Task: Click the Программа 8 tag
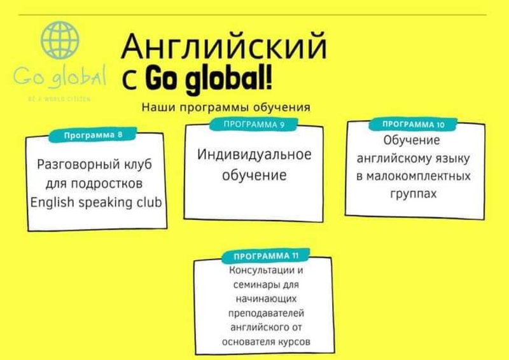pyautogui.click(x=93, y=135)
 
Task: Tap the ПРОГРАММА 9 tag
pyautogui.click(x=253, y=125)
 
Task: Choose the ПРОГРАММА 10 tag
pyautogui.click(x=413, y=124)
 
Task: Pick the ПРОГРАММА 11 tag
pyautogui.click(x=266, y=257)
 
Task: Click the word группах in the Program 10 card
pyautogui.click(x=413, y=193)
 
